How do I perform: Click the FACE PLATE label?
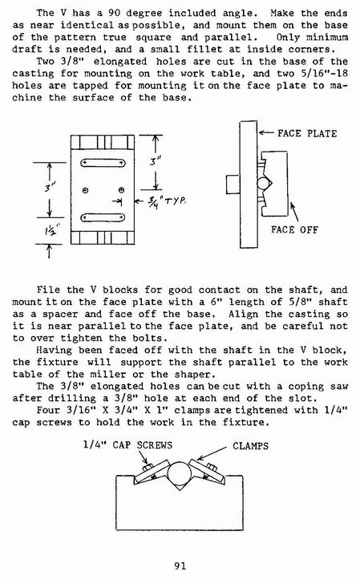pyautogui.click(x=307, y=133)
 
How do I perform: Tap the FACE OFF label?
pyautogui.click(x=294, y=229)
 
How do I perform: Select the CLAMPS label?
pyautogui.click(x=250, y=446)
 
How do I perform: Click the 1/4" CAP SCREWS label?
pyautogui.click(x=127, y=445)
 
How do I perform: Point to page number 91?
pyautogui.click(x=180, y=566)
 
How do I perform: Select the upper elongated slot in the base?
pyautogui.click(x=103, y=163)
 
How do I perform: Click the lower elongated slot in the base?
pyautogui.click(x=103, y=217)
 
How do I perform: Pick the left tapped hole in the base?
pyautogui.click(x=85, y=191)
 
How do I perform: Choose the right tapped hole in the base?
pyautogui.click(x=121, y=190)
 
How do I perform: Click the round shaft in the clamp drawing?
pyautogui.click(x=180, y=474)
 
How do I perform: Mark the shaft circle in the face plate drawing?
pyautogui.click(x=264, y=184)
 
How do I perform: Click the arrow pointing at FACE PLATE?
pyautogui.click(x=266, y=133)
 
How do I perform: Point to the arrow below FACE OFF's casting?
pyautogui.click(x=294, y=212)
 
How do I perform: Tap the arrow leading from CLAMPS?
pyautogui.click(x=212, y=453)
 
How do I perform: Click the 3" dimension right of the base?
pyautogui.click(x=156, y=162)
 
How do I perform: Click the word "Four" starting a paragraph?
pyautogui.click(x=48, y=410)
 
